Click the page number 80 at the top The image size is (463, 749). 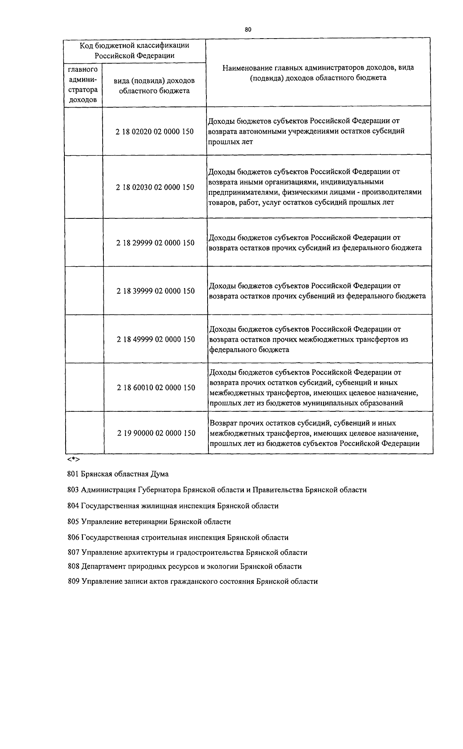[x=248, y=29]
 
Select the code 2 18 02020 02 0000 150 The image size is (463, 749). [x=154, y=132]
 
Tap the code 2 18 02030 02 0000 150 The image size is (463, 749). [x=155, y=187]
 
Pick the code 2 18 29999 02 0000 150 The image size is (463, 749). [x=155, y=243]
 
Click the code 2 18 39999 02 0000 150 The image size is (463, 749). [x=155, y=291]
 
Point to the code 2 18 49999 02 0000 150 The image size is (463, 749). [x=155, y=339]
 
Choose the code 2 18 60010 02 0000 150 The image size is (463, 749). [x=156, y=387]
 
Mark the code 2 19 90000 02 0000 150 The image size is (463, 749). [x=156, y=433]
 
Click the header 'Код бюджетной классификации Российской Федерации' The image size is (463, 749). [x=134, y=50]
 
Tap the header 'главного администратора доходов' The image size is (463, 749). [x=83, y=85]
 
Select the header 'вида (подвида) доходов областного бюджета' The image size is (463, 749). [x=154, y=86]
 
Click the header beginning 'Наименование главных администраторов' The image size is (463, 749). [x=318, y=73]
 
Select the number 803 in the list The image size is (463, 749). [x=73, y=490]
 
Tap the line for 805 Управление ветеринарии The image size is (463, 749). [x=149, y=522]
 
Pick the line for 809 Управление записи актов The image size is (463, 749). [x=192, y=581]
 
